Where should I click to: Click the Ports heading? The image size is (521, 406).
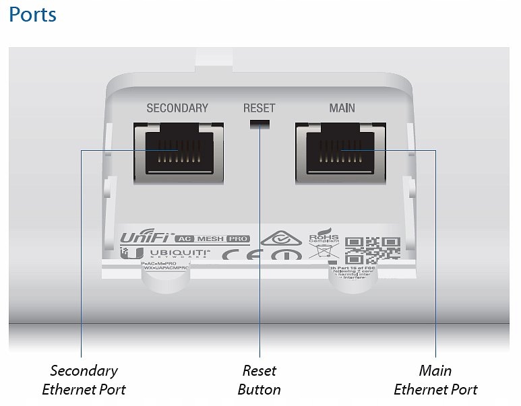click(x=32, y=15)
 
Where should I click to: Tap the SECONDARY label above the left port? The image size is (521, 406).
click(x=177, y=108)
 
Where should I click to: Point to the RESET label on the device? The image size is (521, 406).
click(x=259, y=108)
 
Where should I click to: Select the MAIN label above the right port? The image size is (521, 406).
click(x=342, y=108)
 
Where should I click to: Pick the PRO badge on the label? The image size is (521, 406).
click(x=238, y=238)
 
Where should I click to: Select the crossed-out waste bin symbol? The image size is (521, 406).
click(x=320, y=253)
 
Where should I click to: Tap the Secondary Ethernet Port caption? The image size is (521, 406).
click(x=84, y=380)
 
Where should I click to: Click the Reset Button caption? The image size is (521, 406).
click(x=259, y=380)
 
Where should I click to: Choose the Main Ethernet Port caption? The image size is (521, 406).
click(x=435, y=380)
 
